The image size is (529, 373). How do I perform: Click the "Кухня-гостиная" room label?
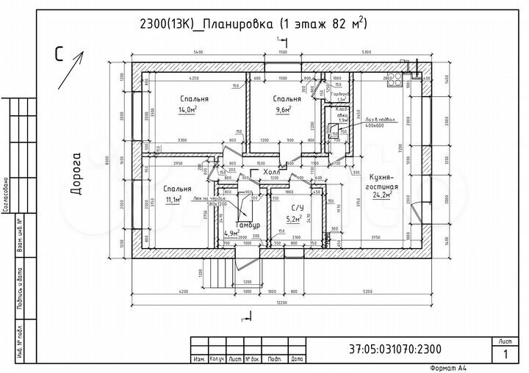point(383,182)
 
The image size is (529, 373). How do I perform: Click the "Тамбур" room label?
point(247,225)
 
